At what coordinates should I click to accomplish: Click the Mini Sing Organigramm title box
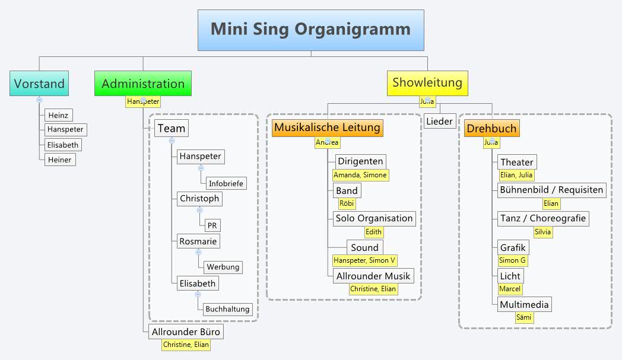310,30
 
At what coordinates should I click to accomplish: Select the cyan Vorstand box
39,84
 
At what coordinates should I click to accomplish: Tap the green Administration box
143,84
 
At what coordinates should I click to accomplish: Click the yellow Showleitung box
427,82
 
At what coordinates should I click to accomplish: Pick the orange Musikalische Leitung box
327,128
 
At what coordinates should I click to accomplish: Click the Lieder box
439,122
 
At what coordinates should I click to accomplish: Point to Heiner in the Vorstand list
59,160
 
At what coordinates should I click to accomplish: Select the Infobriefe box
226,183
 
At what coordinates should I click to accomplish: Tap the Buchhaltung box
228,309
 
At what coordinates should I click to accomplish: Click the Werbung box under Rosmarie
223,267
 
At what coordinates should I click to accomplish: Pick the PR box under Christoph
212,225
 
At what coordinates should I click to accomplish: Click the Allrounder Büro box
186,332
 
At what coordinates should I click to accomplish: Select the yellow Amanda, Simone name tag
360,175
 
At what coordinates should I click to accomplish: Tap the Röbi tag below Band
347,203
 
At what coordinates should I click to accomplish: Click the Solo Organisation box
374,218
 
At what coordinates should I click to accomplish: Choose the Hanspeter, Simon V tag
364,260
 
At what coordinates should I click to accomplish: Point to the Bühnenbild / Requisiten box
551,190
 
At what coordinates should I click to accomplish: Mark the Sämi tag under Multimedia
524,317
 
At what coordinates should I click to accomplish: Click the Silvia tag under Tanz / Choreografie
542,232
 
